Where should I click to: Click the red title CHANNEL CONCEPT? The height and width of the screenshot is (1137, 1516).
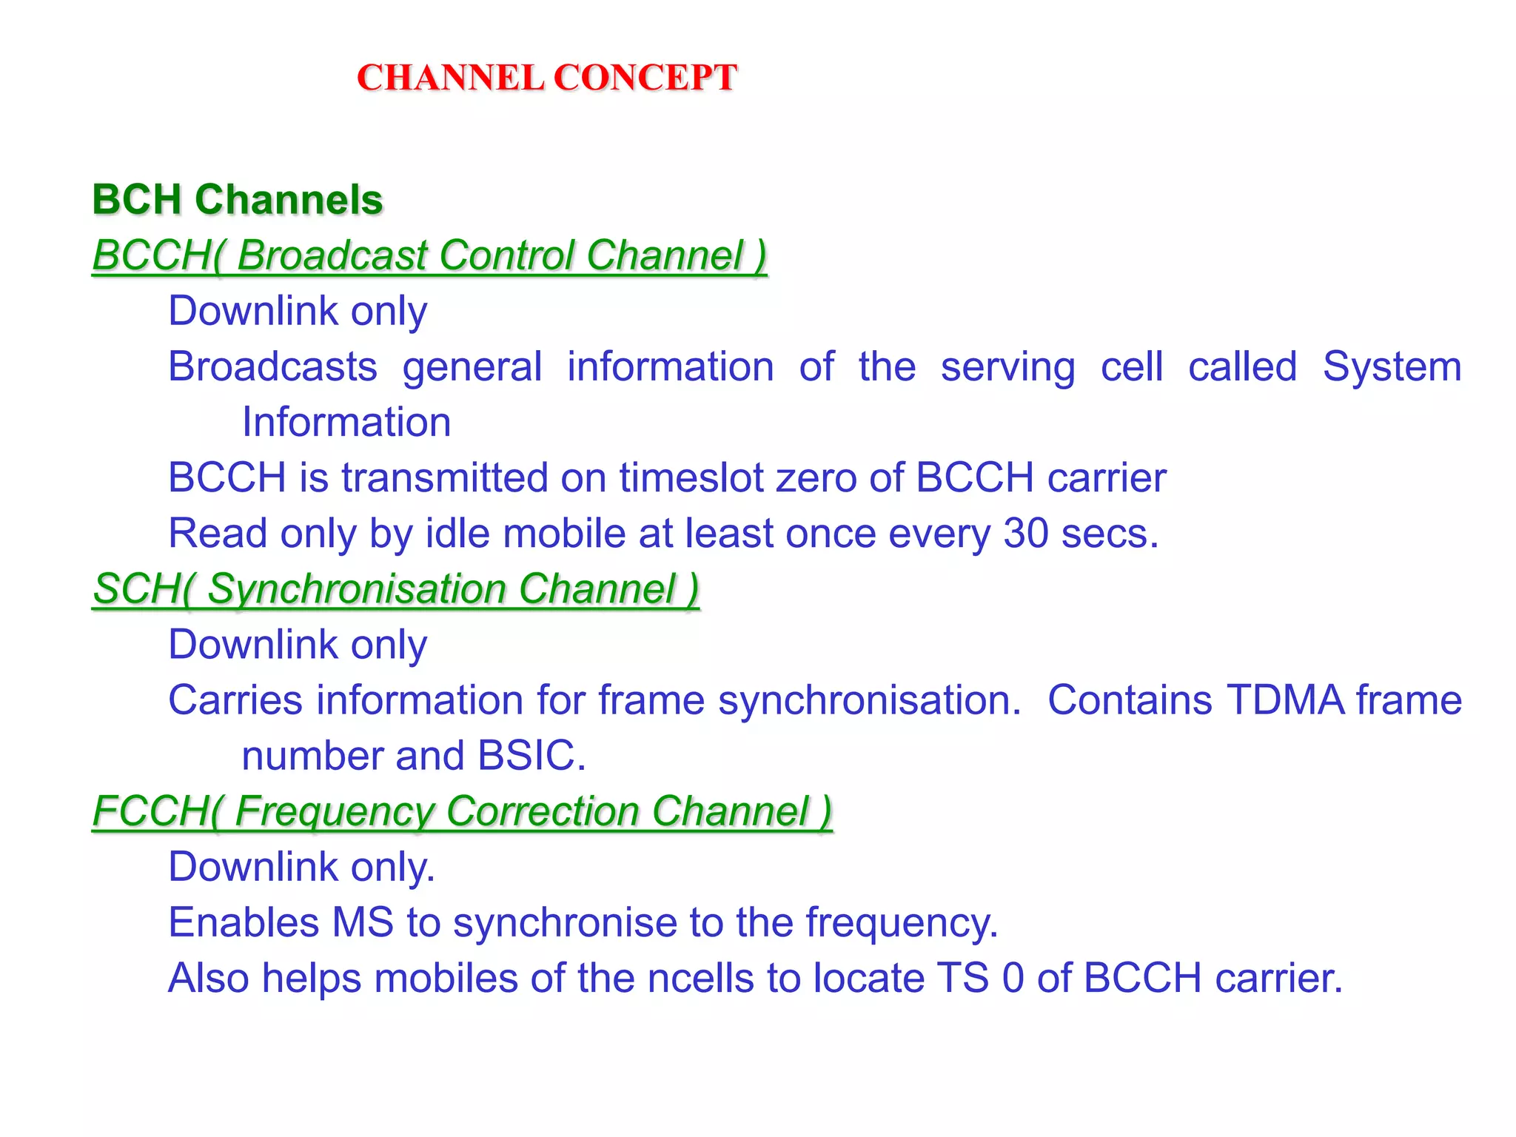coord(547,78)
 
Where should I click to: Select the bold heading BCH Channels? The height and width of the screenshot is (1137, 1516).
coord(238,200)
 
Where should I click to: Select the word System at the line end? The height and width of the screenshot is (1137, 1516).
coord(1392,366)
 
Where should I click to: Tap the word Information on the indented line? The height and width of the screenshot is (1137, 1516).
coord(346,422)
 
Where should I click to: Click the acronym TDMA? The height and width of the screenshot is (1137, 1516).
coord(1285,700)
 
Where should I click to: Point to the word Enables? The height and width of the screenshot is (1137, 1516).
coord(244,922)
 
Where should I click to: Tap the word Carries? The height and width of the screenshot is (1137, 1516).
coord(235,700)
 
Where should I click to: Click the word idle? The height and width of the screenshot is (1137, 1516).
coord(457,533)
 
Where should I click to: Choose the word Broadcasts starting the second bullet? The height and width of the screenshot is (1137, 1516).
coord(272,366)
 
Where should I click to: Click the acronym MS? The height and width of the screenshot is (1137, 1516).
coord(363,922)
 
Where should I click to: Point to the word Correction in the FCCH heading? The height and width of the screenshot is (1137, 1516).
coord(543,811)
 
